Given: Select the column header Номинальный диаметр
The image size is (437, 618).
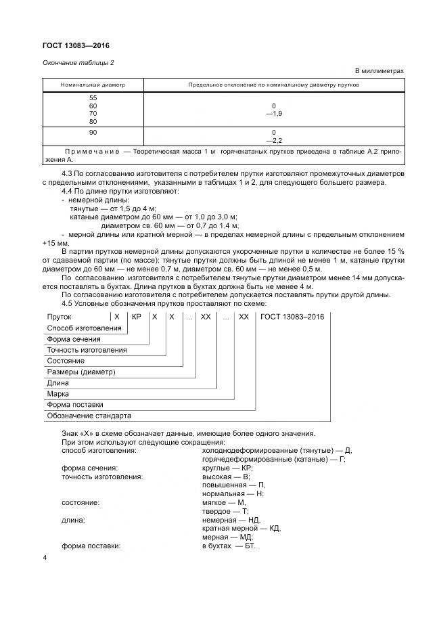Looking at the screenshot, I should pos(93,86).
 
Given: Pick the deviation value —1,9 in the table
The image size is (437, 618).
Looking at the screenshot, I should pos(273,114).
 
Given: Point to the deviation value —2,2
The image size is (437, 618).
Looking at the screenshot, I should pos(273,140).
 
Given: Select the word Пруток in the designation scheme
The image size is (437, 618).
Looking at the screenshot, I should pos(59,317).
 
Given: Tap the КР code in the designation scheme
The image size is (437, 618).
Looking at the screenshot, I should pos(136,317).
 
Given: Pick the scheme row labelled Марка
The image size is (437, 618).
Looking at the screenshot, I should pos(57,393).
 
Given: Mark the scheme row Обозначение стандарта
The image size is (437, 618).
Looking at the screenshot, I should pos(89,415).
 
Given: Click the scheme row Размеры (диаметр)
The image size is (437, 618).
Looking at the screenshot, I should pos(80,372).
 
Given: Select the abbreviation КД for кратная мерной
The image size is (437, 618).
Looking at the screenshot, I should pos(275,528).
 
